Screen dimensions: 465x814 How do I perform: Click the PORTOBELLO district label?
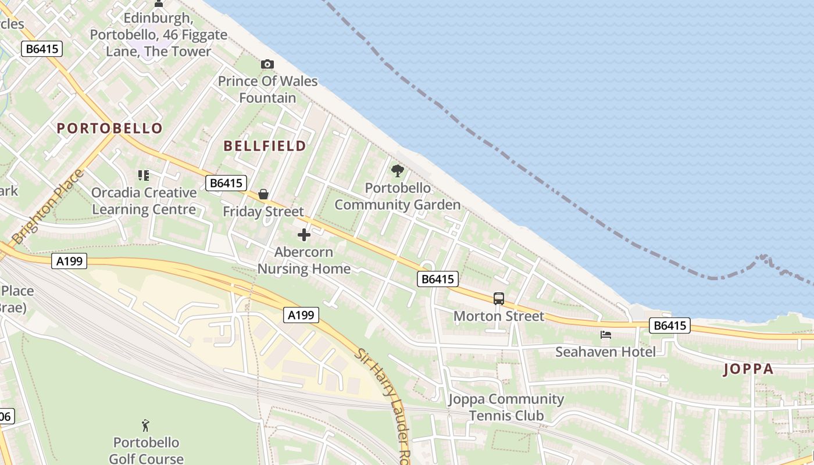[109, 128]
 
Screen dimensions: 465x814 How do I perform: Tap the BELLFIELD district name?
[265, 146]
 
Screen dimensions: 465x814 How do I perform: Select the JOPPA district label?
[749, 369]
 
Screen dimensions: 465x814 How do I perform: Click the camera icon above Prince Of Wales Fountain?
[267, 64]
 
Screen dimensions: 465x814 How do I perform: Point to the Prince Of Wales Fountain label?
[268, 89]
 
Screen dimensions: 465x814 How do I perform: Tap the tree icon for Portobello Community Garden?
[398, 171]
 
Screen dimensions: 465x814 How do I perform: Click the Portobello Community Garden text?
[398, 196]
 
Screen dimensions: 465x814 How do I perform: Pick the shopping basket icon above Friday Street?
[263, 194]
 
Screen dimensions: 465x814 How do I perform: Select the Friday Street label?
[263, 212]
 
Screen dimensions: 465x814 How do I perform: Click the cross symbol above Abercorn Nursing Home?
[304, 235]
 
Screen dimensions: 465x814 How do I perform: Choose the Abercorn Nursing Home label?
[304, 260]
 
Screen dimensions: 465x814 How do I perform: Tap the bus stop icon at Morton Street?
[499, 299]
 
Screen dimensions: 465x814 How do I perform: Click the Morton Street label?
[499, 316]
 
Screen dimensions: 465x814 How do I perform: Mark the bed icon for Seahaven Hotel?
[605, 335]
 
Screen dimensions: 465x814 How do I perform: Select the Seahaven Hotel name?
[605, 352]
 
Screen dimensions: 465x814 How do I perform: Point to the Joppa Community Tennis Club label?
[506, 407]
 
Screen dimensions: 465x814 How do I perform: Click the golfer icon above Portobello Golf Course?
[145, 425]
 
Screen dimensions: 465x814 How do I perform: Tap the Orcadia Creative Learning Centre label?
[144, 201]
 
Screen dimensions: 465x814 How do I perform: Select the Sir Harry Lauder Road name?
[384, 401]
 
